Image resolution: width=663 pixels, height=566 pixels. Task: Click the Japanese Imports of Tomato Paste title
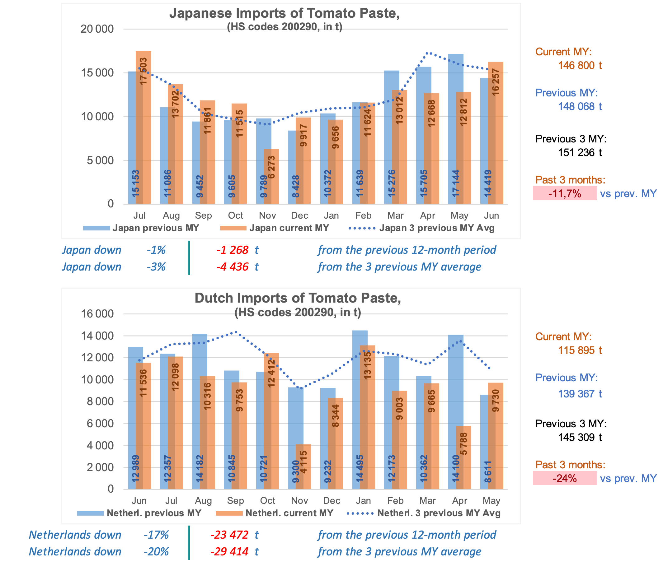pyautogui.click(x=284, y=13)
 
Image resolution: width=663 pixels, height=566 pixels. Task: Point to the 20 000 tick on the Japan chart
pyautogui.click(x=97, y=29)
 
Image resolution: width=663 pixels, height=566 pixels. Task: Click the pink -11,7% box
pyautogui.click(x=564, y=193)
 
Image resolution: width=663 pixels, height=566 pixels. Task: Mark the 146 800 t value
pyautogui.click(x=580, y=66)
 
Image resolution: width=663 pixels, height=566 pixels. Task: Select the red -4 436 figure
pyautogui.click(x=232, y=267)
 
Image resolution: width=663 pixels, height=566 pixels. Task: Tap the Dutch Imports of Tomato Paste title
pyautogui.click(x=298, y=298)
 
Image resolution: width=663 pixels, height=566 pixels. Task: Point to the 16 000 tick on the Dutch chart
pyautogui.click(x=97, y=314)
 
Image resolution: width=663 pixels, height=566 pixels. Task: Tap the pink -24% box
pyautogui.click(x=564, y=478)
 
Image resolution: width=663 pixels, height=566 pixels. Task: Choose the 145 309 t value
pyautogui.click(x=580, y=437)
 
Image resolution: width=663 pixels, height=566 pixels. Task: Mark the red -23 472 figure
pyautogui.click(x=229, y=535)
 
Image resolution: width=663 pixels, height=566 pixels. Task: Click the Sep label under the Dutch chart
pyautogui.click(x=235, y=501)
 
